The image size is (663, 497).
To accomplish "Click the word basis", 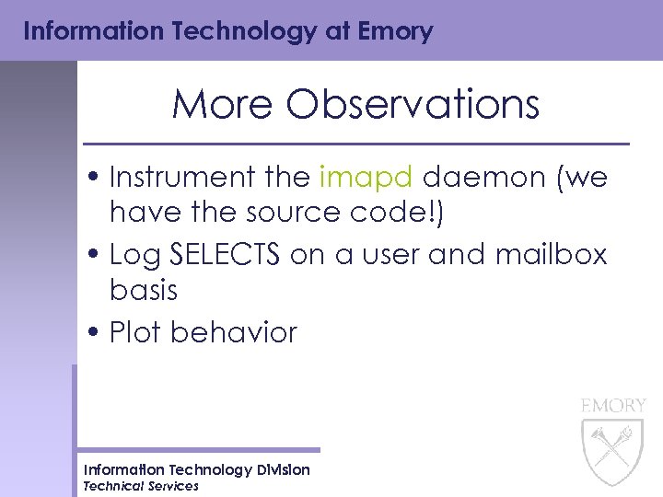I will pyautogui.click(x=143, y=290).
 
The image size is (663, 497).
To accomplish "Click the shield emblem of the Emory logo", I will pyautogui.click(x=612, y=451).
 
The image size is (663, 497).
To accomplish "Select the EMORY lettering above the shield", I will pyautogui.click(x=613, y=405).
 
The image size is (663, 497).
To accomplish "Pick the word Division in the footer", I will pyautogui.click(x=277, y=470).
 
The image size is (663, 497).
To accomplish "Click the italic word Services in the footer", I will pyautogui.click(x=170, y=486).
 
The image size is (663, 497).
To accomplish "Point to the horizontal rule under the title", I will pyautogui.click(x=356, y=144).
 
